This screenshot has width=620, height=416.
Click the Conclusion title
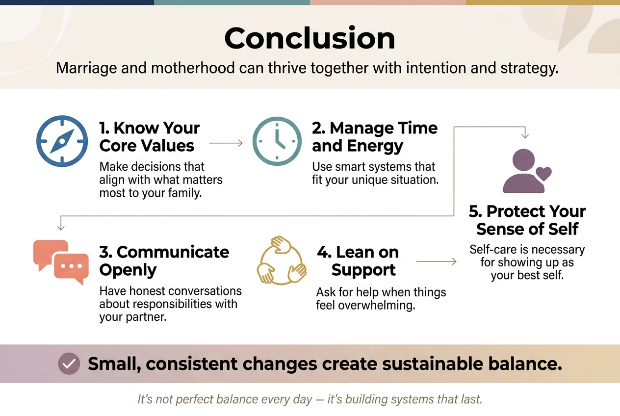tap(310, 38)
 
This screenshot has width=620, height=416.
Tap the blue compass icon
tap(62, 141)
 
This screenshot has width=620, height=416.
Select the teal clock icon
tap(277, 141)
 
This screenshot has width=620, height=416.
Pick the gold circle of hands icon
tap(282, 260)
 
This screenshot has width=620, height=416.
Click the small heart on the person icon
tap(543, 174)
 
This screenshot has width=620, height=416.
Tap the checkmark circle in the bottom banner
tap(69, 364)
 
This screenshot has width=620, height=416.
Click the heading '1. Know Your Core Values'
tap(149, 137)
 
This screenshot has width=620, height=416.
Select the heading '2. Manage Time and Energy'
tap(374, 137)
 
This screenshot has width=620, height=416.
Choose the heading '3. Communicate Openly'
tap(164, 260)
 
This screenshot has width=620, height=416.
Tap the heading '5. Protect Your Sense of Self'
tap(527, 220)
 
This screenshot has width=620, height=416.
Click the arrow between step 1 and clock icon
tap(226, 143)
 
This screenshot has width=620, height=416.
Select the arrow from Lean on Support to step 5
tap(436, 262)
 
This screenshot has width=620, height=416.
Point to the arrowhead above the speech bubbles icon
tap(61, 227)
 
